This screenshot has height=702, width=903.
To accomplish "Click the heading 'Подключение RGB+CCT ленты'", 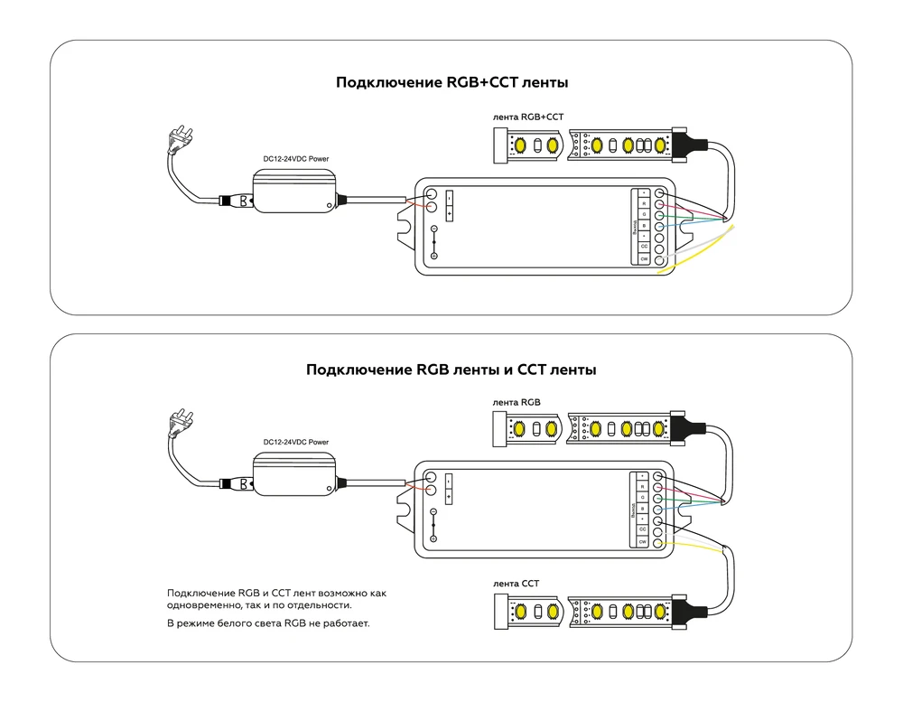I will [451, 83].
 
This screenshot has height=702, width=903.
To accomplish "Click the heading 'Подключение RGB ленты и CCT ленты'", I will [451, 370].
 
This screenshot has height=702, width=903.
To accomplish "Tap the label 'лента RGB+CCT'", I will [528, 117].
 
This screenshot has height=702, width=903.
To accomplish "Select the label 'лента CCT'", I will [517, 584].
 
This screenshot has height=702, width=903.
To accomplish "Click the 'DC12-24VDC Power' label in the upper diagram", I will [295, 159].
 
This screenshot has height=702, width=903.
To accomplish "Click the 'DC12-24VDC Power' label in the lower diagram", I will [295, 442].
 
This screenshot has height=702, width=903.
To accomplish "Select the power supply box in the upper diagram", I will [295, 192].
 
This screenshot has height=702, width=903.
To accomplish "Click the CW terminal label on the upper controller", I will [644, 259].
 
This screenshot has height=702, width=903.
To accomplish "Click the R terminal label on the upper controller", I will [644, 204].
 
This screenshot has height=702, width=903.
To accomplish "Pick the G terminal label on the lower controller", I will [643, 498].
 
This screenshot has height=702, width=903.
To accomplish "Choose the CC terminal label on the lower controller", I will [643, 530].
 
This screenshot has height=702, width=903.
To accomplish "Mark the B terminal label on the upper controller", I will [644, 226].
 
